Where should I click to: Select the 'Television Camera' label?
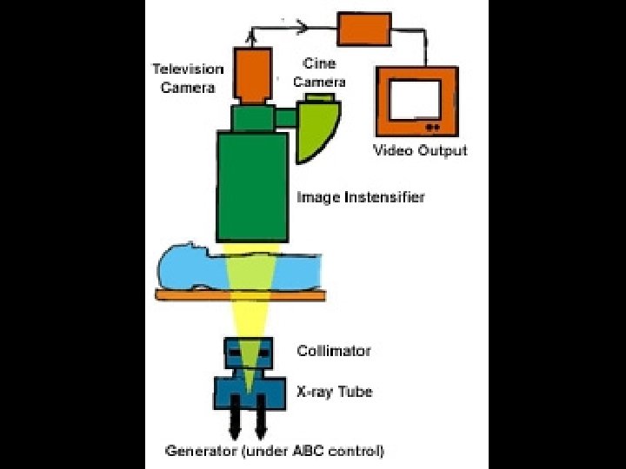(x=188, y=78)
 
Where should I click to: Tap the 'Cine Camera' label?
(x=319, y=73)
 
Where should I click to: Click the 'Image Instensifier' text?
(x=361, y=197)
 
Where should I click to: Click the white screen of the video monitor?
(x=416, y=100)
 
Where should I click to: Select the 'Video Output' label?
(x=420, y=150)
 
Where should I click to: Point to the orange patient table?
(x=238, y=295)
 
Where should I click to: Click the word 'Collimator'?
(x=334, y=351)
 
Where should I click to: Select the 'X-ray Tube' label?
(x=335, y=392)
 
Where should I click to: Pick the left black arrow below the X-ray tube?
(x=236, y=423)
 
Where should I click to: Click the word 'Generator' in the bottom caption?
(x=199, y=451)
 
